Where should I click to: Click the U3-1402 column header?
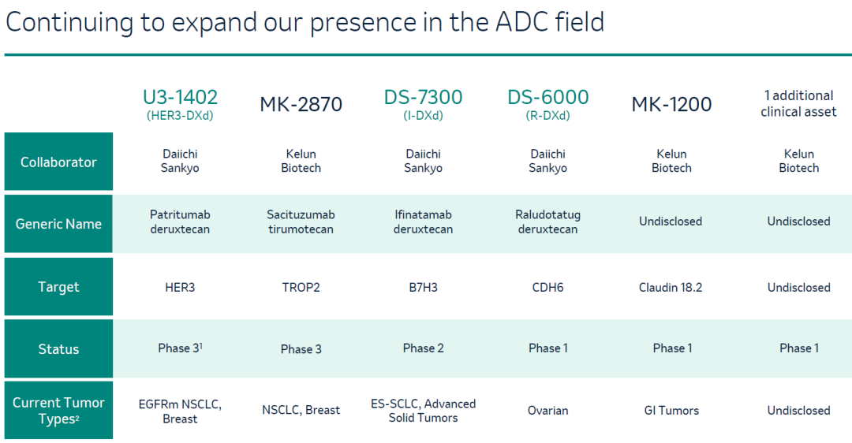pos(180,97)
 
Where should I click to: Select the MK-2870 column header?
pos(301,104)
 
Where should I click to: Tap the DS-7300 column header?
pos(423,97)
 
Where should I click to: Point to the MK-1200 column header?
pos(671,104)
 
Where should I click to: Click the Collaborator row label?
pos(58,162)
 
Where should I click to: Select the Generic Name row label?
pos(58,224)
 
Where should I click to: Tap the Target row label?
pos(58,287)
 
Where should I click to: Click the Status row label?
pos(58,348)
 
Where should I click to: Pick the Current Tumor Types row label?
pos(58,411)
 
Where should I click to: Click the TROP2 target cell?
pos(301,287)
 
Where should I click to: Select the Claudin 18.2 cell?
pos(671,287)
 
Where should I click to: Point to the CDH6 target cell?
pos(547,287)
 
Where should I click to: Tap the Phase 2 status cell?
pos(424,348)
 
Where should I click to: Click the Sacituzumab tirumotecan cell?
pos(301,222)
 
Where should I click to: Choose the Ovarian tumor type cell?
pos(547,411)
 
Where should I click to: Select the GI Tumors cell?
pos(671,411)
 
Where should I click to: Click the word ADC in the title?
pos(521,22)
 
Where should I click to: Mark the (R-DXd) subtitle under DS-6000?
pos(547,116)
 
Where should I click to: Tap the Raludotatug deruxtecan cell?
pos(547,222)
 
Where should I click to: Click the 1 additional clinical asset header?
pos(798,104)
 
